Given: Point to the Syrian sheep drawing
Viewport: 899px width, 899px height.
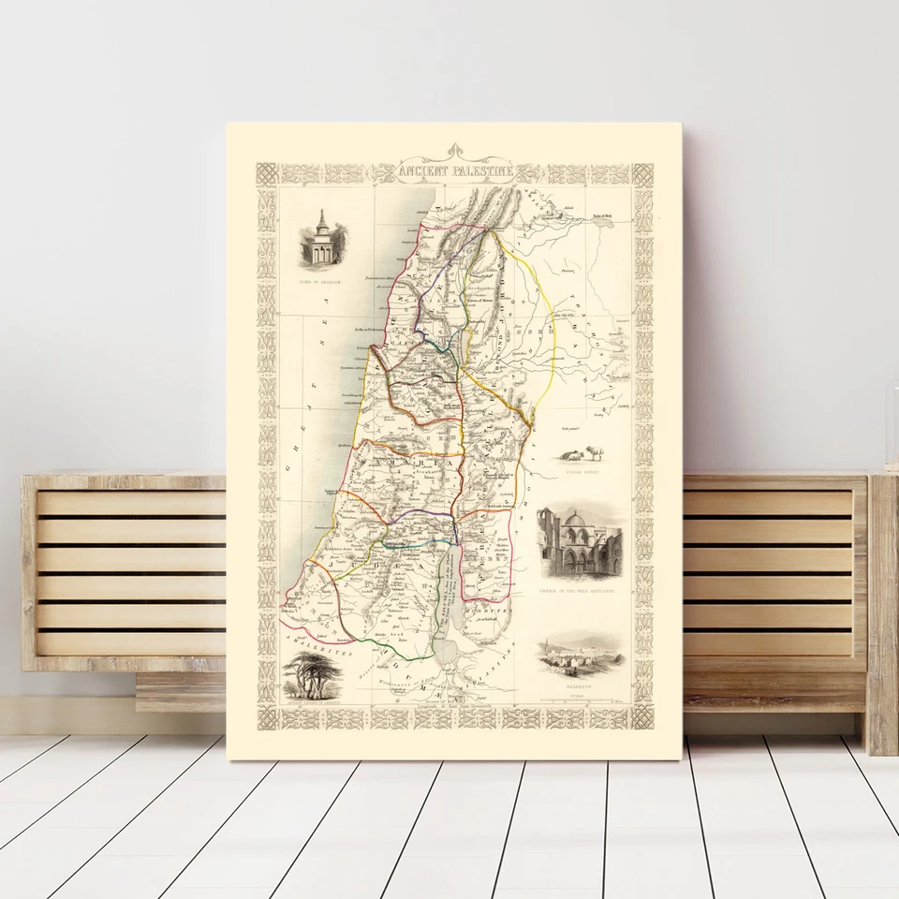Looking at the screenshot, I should click(581, 454).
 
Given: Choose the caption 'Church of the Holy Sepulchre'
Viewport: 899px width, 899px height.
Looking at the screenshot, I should click(580, 593).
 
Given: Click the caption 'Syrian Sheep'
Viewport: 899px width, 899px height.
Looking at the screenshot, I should click(580, 475).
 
